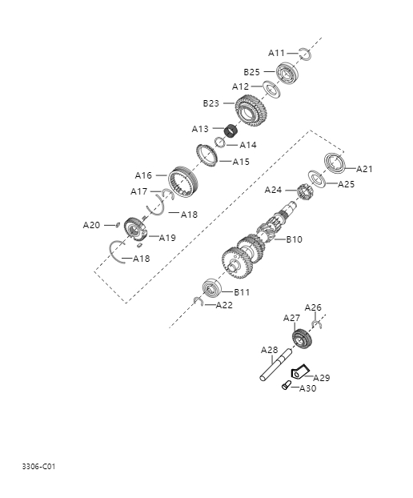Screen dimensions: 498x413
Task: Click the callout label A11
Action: coord(276,53)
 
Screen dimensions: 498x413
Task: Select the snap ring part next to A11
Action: coord(305,54)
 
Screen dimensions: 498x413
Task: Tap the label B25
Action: coord(252,71)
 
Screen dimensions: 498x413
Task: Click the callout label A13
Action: coord(200,129)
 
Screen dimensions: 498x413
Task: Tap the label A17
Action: coord(139,191)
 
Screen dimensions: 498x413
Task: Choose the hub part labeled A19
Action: coord(135,231)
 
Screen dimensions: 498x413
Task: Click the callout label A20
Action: coord(92,225)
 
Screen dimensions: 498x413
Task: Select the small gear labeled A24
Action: coord(304,192)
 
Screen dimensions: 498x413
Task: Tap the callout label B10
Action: coord(294,239)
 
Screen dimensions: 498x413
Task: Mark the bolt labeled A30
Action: coord(286,386)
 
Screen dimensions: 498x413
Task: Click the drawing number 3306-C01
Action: coord(38,465)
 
